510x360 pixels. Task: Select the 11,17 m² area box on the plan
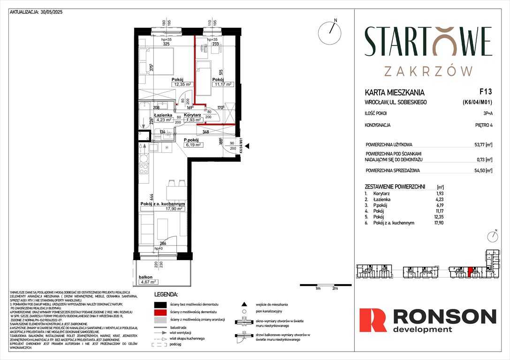[222, 84]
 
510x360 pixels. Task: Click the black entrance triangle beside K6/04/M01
[248, 146]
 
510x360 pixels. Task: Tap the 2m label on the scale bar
[335, 289]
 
